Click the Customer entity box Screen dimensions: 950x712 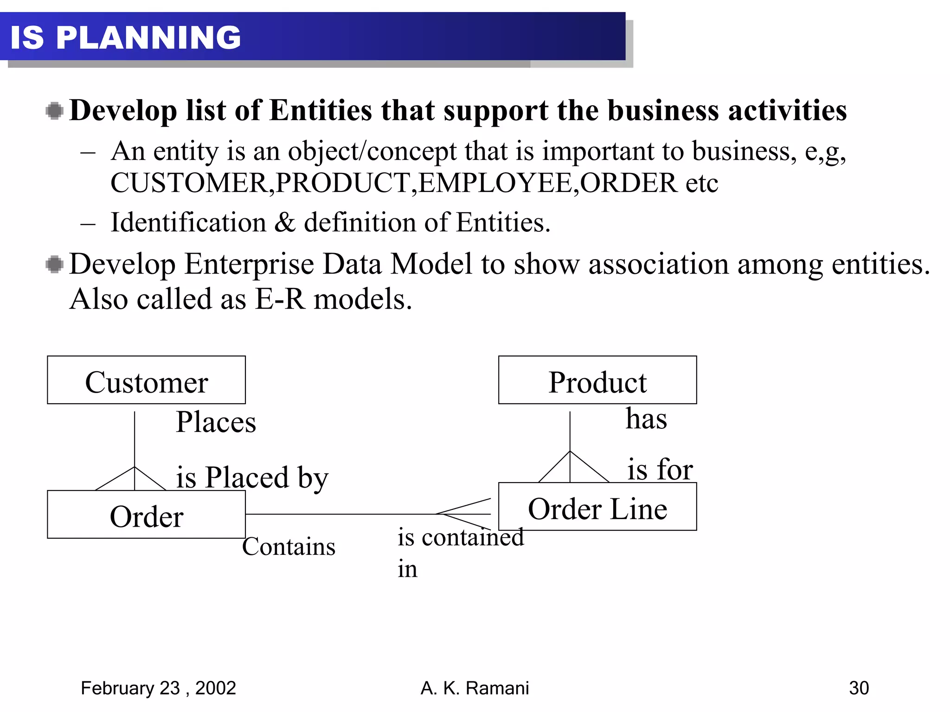pyautogui.click(x=146, y=380)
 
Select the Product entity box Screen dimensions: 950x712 pyautogui.click(x=597, y=380)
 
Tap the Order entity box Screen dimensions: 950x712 pyautogui.click(x=146, y=515)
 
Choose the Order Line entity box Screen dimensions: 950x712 pyautogui.click(x=597, y=507)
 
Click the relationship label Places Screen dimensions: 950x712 pyautogui.click(x=216, y=422)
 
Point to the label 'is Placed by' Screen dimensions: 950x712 pyautogui.click(x=252, y=477)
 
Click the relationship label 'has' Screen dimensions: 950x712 pyautogui.click(x=646, y=419)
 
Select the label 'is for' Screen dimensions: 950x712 pyautogui.click(x=660, y=469)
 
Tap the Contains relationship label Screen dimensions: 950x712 pyautogui.click(x=289, y=547)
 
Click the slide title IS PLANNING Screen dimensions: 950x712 pyautogui.click(x=125, y=37)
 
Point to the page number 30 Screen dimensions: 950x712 pyautogui.click(x=859, y=688)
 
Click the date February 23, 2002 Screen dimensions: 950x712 pyautogui.click(x=158, y=688)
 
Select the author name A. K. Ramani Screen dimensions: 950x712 pyautogui.click(x=475, y=688)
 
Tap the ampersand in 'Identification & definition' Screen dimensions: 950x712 pyautogui.click(x=284, y=222)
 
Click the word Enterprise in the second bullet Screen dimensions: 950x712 pyautogui.click(x=249, y=264)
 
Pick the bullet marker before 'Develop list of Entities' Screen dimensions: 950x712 pyautogui.click(x=55, y=111)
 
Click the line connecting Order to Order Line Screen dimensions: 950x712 pyautogui.click(x=341, y=514)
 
